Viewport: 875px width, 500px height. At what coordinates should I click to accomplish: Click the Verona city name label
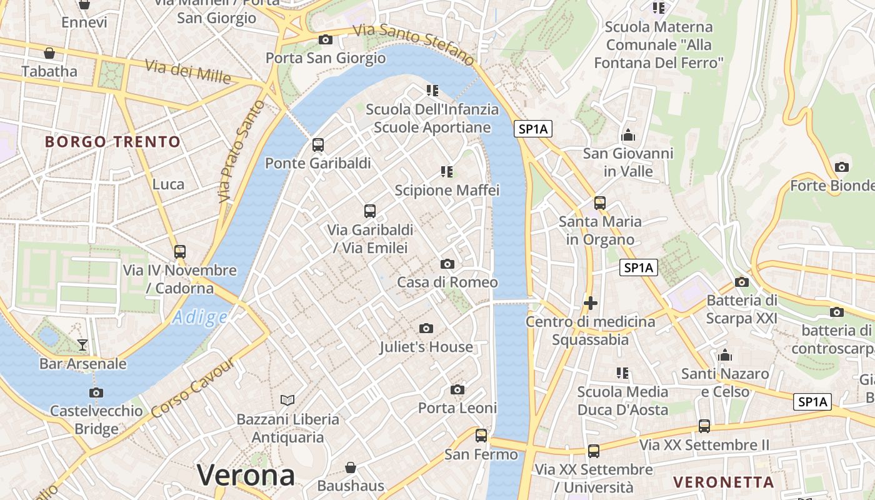pyautogui.click(x=246, y=476)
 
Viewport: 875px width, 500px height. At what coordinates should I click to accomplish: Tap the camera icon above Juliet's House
pyautogui.click(x=426, y=328)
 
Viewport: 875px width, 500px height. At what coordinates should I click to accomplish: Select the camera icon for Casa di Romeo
pyautogui.click(x=447, y=264)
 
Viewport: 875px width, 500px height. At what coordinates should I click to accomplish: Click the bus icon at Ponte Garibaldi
pyautogui.click(x=318, y=145)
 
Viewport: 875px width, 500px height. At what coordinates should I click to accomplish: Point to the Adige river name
pyautogui.click(x=200, y=317)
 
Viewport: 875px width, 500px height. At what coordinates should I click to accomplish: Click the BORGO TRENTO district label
pyautogui.click(x=112, y=142)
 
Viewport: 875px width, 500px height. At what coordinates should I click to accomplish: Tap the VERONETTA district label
pyautogui.click(x=723, y=482)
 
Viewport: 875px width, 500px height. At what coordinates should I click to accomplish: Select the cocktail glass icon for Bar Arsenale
pyautogui.click(x=82, y=344)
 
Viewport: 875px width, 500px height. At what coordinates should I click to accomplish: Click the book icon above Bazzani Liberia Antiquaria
pyautogui.click(x=287, y=400)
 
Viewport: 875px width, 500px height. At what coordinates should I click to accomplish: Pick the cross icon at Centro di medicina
pyautogui.click(x=590, y=303)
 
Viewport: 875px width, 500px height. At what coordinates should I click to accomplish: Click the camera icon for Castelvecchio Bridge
pyautogui.click(x=96, y=392)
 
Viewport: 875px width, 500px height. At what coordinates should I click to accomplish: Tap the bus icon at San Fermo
pyautogui.click(x=481, y=435)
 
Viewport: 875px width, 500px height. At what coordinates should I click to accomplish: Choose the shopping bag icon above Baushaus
pyautogui.click(x=351, y=467)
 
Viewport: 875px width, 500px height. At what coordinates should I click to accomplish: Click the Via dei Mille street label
pyautogui.click(x=188, y=71)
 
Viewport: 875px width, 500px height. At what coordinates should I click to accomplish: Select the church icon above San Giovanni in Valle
pyautogui.click(x=628, y=135)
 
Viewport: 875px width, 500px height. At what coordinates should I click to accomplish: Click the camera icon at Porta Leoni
pyautogui.click(x=457, y=389)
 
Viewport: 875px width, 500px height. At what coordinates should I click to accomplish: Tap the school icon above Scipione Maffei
pyautogui.click(x=446, y=171)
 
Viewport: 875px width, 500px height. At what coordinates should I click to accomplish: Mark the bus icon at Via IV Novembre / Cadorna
pyautogui.click(x=180, y=252)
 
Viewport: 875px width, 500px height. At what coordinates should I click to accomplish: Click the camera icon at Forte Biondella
pyautogui.click(x=842, y=167)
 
